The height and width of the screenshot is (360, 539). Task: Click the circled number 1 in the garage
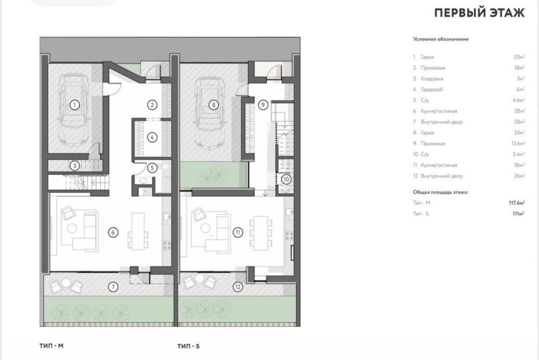point(74,105)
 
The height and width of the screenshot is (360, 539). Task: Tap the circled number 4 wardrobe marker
point(153,137)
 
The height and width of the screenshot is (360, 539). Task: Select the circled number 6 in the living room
point(113,232)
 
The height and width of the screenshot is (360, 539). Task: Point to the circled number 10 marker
point(286,179)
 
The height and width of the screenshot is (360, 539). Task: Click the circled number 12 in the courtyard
point(238,286)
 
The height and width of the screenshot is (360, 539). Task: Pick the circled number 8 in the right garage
point(213,105)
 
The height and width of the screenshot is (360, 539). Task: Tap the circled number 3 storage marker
point(74,166)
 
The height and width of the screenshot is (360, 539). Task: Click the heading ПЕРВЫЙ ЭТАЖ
point(480,13)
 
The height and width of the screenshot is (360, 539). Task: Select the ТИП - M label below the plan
point(51,345)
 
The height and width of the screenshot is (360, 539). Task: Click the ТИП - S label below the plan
point(188,346)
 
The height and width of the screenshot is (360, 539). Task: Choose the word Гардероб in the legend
point(432,89)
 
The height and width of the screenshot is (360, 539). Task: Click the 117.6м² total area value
point(517,203)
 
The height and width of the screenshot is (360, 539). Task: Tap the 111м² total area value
point(519,213)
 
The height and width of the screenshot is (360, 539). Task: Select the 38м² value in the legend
point(520,111)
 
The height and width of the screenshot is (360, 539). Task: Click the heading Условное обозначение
point(441,39)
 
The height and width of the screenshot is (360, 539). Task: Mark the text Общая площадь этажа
point(441,192)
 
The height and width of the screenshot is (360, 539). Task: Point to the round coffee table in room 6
point(72,228)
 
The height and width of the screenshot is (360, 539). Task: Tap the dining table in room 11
point(261,232)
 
